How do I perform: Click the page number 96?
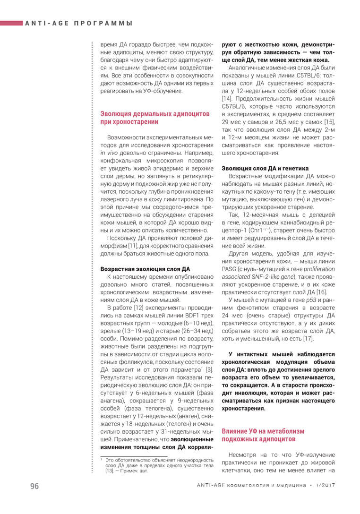[x=34, y=486]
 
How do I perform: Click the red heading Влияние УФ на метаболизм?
[x=263, y=431]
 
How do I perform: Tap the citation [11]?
[x=133, y=246]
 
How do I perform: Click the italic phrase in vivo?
[x=109, y=154]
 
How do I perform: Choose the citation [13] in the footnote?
[x=110, y=471]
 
